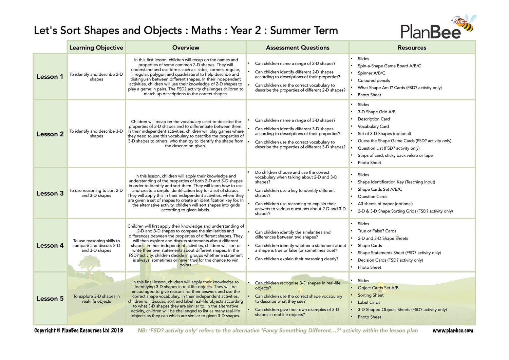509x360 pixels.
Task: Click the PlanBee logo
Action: [431, 32]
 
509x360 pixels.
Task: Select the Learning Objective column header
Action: [96, 48]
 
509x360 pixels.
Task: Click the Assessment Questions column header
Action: [298, 48]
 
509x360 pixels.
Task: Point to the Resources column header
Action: [412, 48]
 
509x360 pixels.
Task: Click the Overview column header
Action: [186, 48]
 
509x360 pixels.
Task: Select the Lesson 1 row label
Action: [50, 77]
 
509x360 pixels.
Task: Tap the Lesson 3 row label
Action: [50, 193]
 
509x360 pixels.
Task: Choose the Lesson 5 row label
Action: [50, 299]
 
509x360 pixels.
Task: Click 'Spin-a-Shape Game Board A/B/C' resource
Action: [389, 66]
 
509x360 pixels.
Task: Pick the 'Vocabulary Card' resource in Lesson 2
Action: [373, 126]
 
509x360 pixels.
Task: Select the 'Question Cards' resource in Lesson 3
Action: [372, 196]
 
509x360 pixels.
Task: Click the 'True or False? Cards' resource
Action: [377, 231]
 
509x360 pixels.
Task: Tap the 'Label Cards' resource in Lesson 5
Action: [369, 302]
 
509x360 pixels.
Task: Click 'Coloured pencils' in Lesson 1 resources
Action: [374, 80]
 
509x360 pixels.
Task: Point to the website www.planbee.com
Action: [452, 330]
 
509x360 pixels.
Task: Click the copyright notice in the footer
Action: [78, 330]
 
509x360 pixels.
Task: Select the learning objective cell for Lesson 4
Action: [96, 245]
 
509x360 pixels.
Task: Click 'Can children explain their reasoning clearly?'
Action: [296, 259]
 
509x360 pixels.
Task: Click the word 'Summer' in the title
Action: [285, 31]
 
